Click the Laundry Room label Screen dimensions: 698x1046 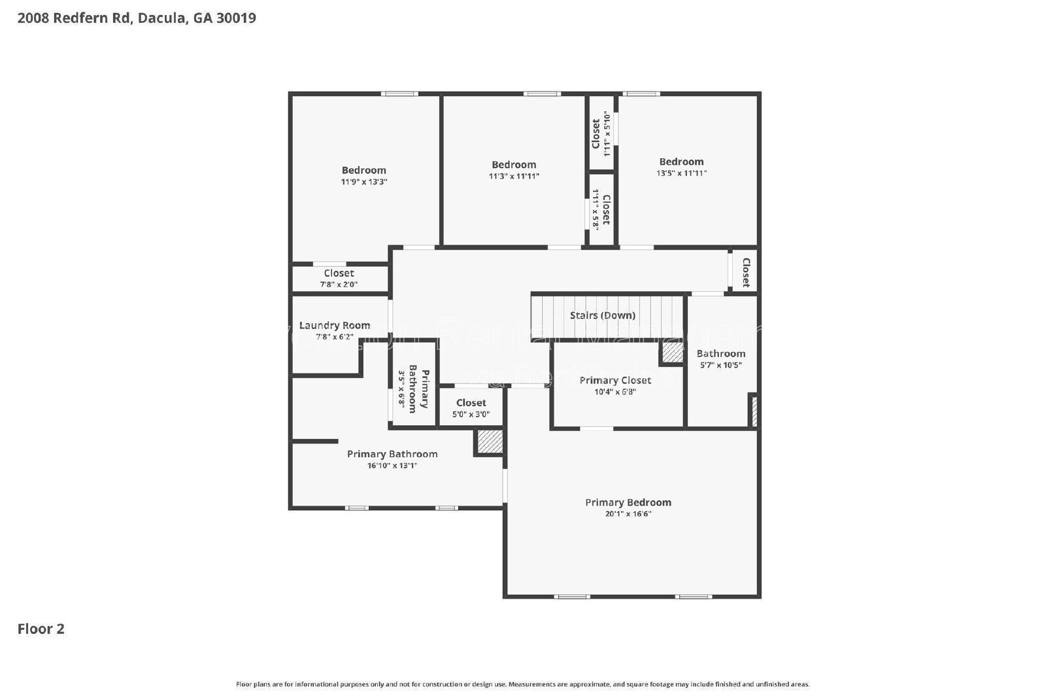334,325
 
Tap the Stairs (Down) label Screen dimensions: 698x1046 602,315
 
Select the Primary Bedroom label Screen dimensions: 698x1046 628,502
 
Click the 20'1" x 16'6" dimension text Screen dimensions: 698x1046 628,514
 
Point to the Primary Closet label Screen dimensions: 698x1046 615,380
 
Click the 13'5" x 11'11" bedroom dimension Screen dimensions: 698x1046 681,173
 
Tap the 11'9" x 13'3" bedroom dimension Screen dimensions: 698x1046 363,182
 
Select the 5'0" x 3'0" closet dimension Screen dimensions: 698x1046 471,414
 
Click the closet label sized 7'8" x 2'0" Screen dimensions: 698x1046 339,273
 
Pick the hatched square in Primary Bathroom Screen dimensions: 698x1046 488,442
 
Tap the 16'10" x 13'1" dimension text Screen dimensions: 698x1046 392,466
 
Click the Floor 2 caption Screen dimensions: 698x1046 41,629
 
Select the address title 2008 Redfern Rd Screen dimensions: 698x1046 137,18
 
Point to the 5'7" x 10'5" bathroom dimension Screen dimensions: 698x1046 720,365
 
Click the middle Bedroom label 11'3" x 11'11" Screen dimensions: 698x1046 514,165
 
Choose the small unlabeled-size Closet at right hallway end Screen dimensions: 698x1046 745,271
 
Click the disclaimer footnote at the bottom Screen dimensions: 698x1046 522,684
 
